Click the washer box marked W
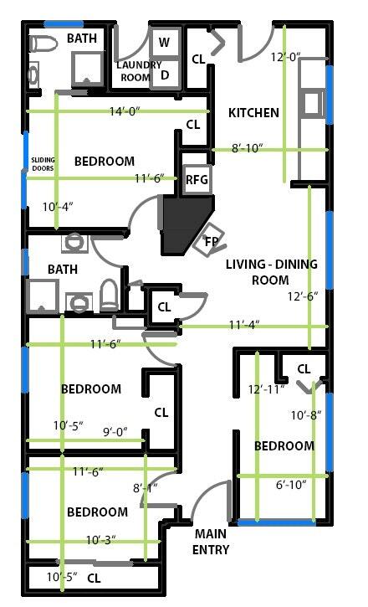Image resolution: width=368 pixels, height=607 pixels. click(165, 42)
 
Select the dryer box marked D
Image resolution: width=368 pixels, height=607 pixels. click(165, 75)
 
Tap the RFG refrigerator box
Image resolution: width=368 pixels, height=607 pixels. click(197, 179)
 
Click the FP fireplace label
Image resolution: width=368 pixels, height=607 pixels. click(212, 242)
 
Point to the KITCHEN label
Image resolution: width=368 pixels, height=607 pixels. click(253, 113)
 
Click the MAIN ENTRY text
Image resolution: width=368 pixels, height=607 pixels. click(211, 542)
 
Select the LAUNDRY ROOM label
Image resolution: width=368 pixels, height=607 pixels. click(139, 71)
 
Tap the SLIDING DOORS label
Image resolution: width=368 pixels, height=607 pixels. click(43, 164)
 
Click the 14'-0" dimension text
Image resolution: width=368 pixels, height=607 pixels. click(125, 111)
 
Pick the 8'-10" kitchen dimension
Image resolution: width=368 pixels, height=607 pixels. click(248, 148)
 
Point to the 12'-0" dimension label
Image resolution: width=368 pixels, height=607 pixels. click(286, 57)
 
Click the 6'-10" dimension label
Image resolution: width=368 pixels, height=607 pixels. click(291, 484)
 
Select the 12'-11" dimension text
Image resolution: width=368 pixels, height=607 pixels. click(267, 389)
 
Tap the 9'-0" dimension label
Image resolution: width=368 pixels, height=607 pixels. click(115, 431)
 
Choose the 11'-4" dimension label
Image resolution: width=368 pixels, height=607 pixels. click(244, 324)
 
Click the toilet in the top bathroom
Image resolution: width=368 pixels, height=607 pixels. click(43, 44)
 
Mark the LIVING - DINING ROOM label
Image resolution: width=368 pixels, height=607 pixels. click(271, 272)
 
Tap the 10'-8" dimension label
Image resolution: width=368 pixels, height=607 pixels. click(306, 415)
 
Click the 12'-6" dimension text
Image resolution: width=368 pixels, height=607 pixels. click(303, 296)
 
